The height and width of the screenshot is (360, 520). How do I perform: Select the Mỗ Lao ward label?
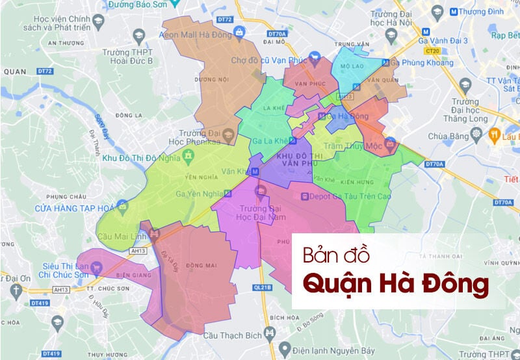tap(357, 66)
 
